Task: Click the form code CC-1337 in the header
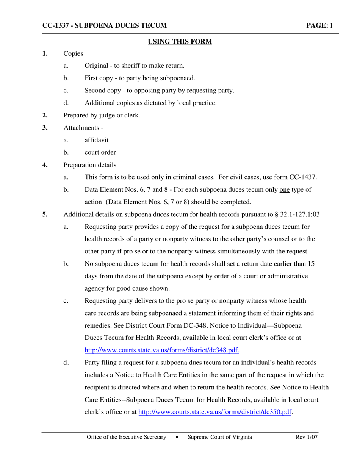56,26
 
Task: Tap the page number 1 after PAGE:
331,26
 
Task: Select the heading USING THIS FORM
180,41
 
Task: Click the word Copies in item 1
74,53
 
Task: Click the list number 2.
45,115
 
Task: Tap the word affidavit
97,140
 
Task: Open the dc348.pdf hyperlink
162,350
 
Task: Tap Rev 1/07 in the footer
306,438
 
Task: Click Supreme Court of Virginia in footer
220,438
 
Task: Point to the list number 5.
45,214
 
